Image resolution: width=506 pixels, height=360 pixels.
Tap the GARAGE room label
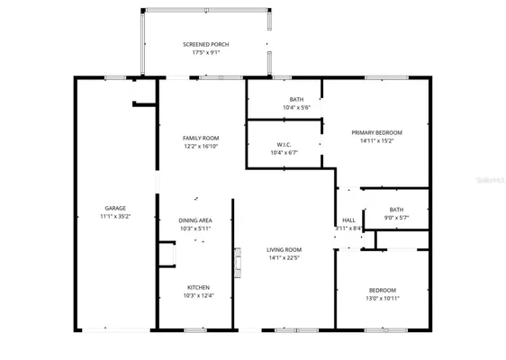[115, 208]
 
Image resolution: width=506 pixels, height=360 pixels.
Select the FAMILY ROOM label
[202, 138]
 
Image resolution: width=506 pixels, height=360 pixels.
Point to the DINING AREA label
[194, 220]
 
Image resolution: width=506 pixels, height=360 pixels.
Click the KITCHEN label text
[198, 288]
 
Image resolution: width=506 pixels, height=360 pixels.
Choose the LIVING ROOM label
[284, 249]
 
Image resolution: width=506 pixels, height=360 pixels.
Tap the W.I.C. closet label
[284, 144]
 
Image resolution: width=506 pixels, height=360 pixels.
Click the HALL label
[348, 220]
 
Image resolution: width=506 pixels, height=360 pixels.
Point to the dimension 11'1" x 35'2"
[115, 216]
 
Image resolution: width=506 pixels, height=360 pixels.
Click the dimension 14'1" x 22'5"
[284, 257]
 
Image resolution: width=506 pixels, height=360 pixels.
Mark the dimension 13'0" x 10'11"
[382, 298]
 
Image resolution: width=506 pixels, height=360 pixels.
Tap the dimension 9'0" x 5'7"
[396, 217]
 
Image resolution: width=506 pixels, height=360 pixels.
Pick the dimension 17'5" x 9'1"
[205, 52]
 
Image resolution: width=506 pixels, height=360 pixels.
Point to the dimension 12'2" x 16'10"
[202, 146]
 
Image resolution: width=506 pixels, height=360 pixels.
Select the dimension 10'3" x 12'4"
[198, 296]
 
